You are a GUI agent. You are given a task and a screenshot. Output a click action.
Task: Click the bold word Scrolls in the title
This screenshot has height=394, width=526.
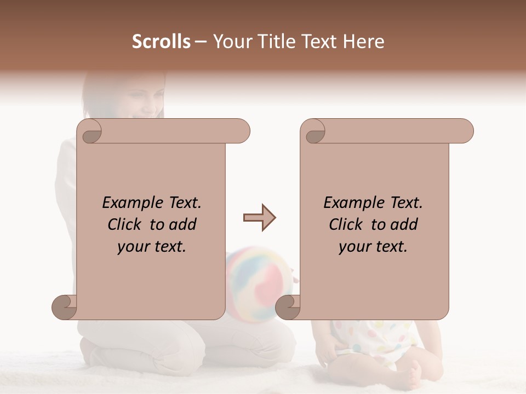point(161,42)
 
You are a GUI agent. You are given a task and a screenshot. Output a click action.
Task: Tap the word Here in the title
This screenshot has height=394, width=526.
point(364,42)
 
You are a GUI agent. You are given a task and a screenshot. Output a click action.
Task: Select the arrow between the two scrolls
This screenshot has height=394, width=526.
point(259,218)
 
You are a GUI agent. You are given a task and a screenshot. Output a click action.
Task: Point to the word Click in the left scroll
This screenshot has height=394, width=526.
point(126,225)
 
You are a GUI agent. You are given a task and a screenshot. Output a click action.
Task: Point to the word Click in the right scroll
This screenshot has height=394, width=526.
point(347,225)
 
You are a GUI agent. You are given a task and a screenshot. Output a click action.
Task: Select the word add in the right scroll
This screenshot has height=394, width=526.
point(404,225)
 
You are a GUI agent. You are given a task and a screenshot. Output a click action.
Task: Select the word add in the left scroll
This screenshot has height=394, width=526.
point(182,225)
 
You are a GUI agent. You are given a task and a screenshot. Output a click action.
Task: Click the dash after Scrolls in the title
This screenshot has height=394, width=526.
point(201,42)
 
